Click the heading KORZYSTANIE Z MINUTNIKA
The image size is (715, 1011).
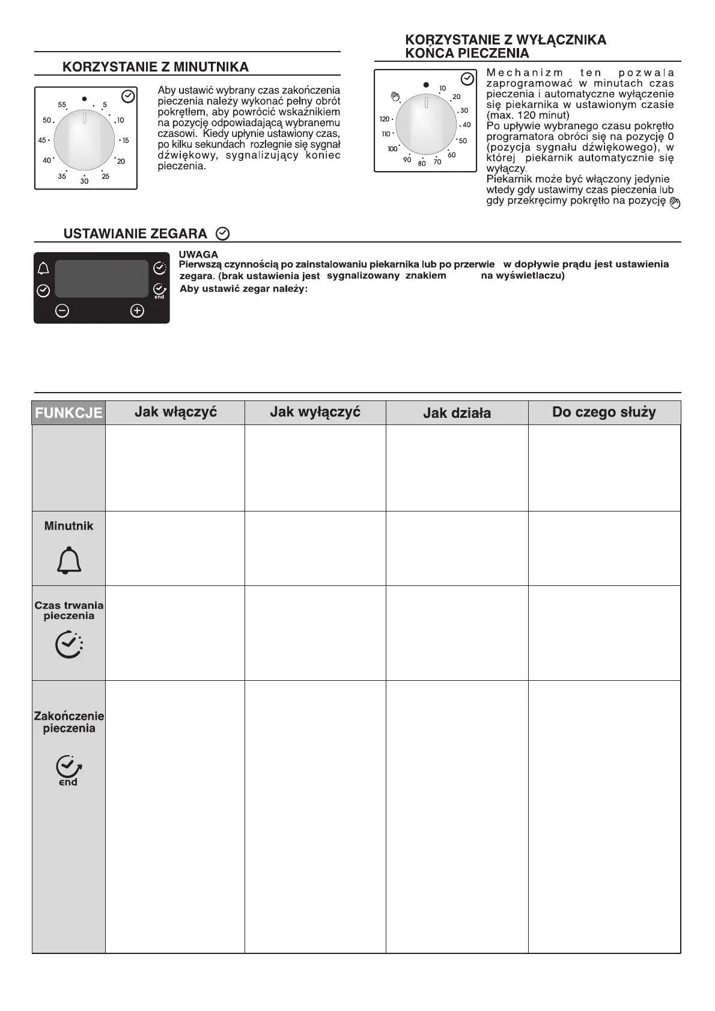click(x=156, y=67)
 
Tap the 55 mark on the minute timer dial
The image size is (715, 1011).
click(x=62, y=105)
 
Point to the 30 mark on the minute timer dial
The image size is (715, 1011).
click(x=84, y=181)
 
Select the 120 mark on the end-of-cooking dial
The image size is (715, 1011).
click(x=385, y=119)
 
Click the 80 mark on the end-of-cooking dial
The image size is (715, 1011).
click(x=422, y=163)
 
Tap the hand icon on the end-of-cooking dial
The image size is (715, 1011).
click(x=395, y=95)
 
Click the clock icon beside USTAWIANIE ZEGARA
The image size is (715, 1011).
click(x=222, y=233)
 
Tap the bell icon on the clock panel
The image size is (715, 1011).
click(x=43, y=268)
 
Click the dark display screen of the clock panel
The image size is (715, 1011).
click(x=101, y=279)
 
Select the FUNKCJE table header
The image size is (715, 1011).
click(x=68, y=413)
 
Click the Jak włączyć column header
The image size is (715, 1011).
click(x=175, y=412)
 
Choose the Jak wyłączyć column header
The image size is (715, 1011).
click(x=315, y=412)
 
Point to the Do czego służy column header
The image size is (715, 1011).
click(x=604, y=412)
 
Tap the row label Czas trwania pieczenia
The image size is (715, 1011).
click(x=69, y=611)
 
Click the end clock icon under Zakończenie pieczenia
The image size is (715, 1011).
click(x=68, y=770)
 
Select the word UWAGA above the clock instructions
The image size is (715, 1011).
click(x=198, y=255)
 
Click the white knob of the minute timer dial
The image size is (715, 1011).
click(x=84, y=140)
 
